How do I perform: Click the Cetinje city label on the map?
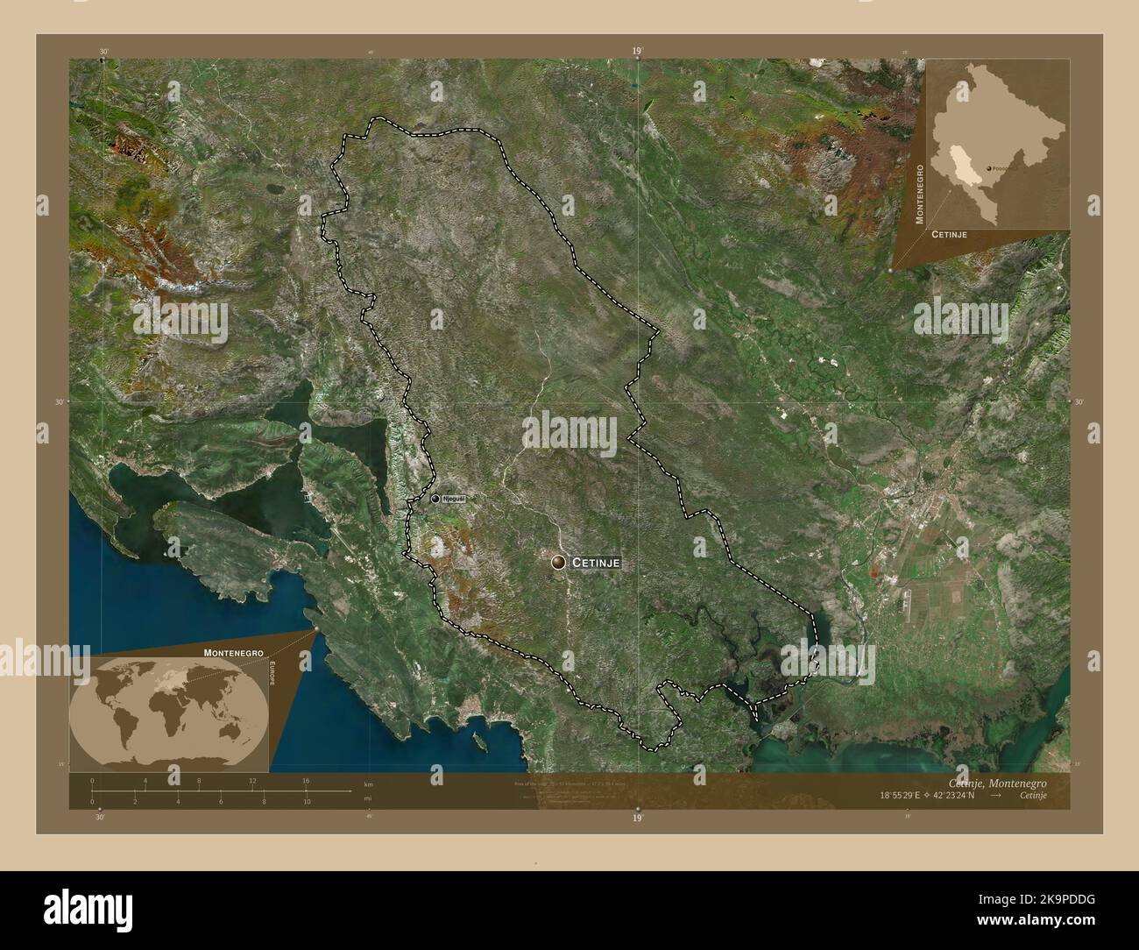click(597, 564)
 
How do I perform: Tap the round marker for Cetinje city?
click(558, 563)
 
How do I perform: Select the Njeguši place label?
click(453, 499)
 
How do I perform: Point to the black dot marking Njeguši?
click(435, 499)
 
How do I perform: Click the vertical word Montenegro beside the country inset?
click(919, 193)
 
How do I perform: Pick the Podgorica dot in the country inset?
click(989, 167)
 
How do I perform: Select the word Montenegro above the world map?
click(234, 653)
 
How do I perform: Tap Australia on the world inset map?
click(230, 727)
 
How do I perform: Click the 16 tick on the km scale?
click(306, 780)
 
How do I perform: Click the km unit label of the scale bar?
click(368, 784)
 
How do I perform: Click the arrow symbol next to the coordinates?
click(996, 797)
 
